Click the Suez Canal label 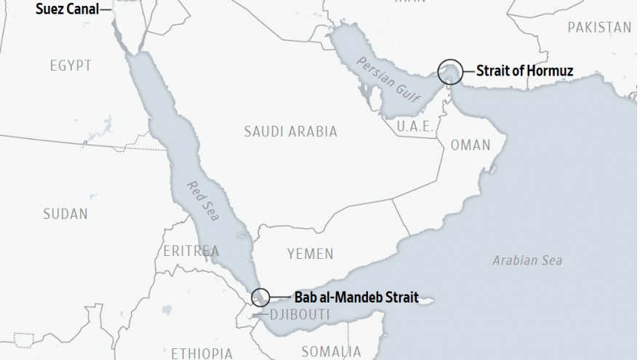point(67,9)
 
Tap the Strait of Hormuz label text point(524,71)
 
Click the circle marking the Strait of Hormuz point(449,71)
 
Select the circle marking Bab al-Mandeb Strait point(260,297)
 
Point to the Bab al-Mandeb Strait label point(356,297)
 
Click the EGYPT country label point(71,66)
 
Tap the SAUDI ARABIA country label point(290,132)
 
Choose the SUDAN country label point(65,214)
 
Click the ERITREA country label point(191,251)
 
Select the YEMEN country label point(310,254)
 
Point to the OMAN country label point(471,145)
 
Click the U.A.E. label point(415,127)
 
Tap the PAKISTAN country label point(599,28)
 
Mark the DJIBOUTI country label point(299,316)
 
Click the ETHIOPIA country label point(202,353)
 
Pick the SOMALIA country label point(330,352)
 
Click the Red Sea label point(201,199)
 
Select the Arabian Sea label point(527,260)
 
